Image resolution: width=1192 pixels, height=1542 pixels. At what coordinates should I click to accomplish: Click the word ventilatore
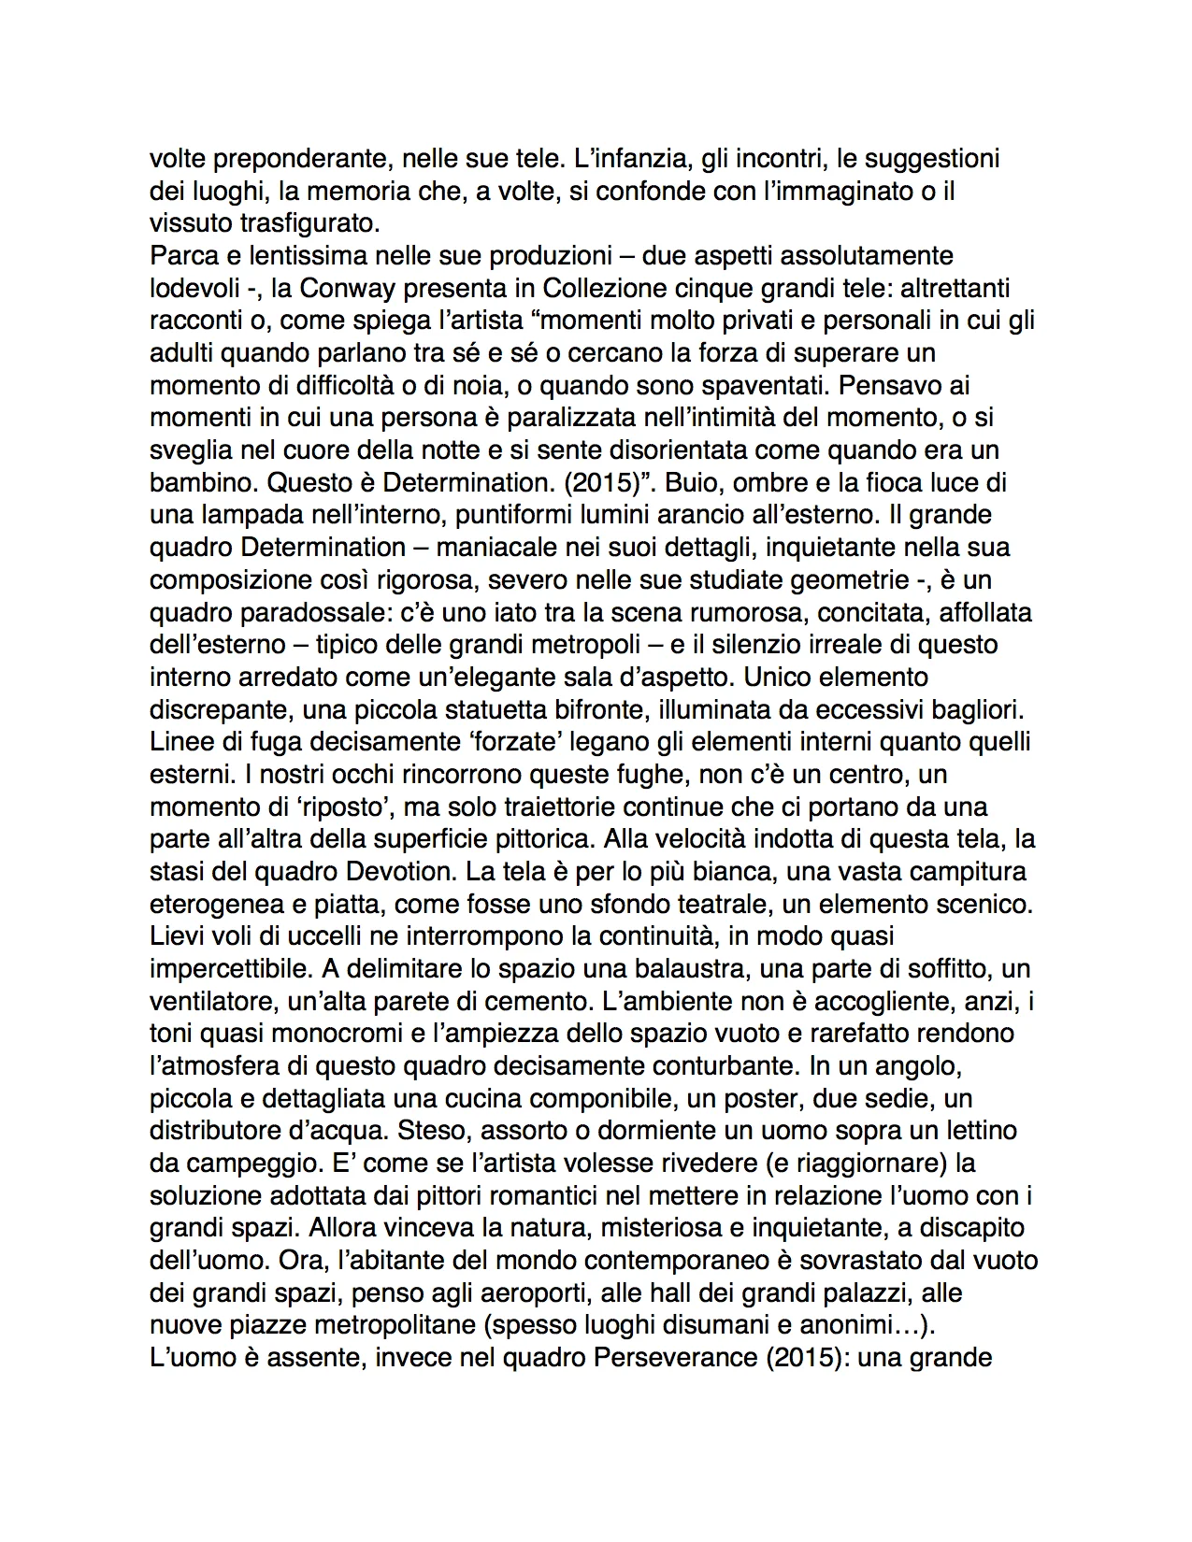point(211,1001)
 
